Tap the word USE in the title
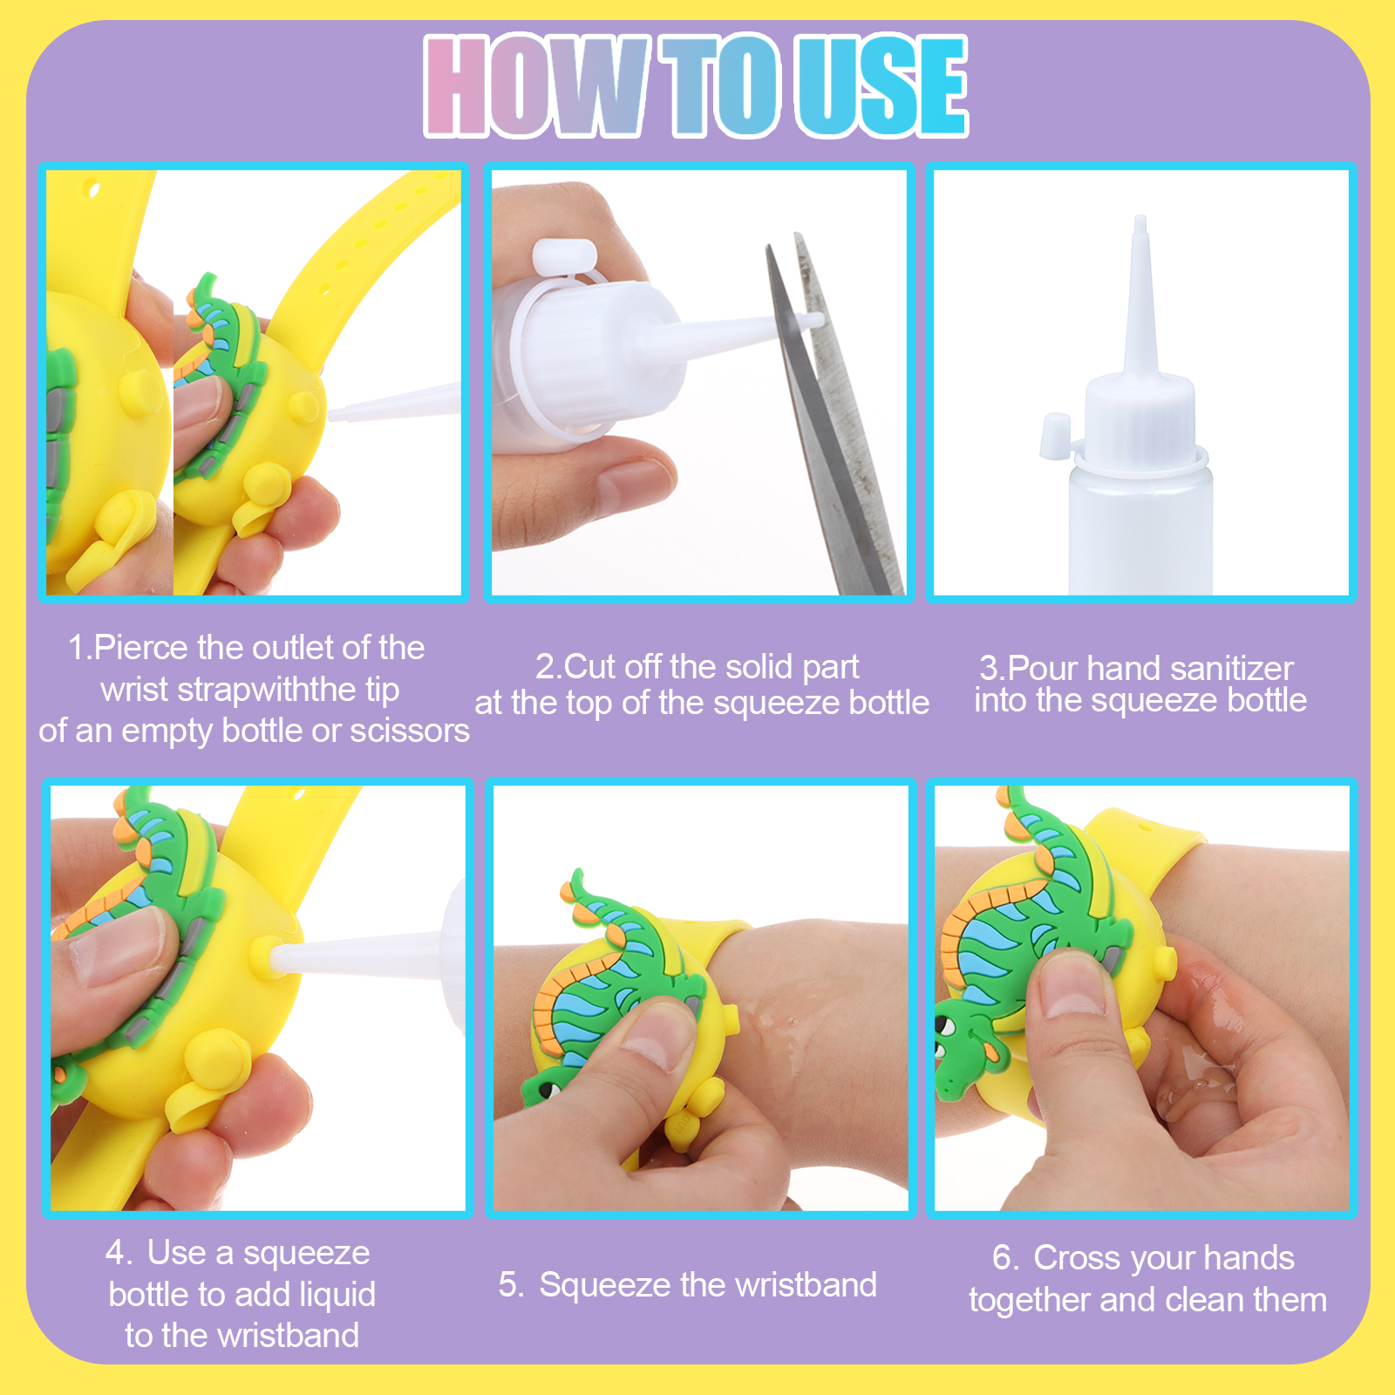point(883,86)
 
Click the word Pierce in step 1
point(140,648)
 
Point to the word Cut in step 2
point(591,667)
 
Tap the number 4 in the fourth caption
point(115,1253)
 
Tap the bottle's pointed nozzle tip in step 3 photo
point(1140,220)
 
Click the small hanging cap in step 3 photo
point(1055,435)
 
